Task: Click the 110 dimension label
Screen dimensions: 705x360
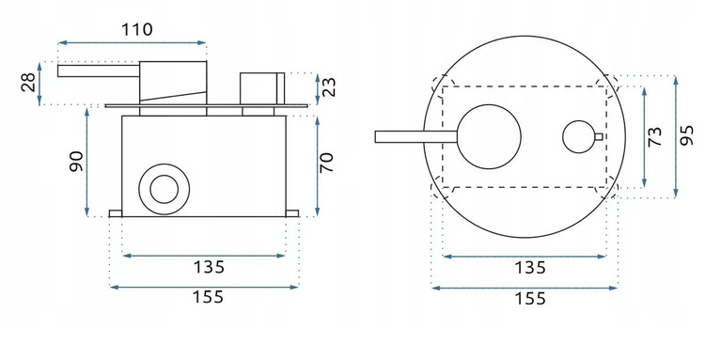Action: [x=137, y=30]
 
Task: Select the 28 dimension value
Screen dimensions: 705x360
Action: [x=28, y=83]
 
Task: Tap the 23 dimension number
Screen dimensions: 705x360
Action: [x=329, y=87]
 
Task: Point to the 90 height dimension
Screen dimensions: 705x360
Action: [x=76, y=162]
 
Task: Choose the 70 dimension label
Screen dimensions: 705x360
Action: [x=326, y=163]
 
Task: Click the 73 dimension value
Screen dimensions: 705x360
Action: [x=655, y=136]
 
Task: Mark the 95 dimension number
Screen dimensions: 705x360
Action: [x=686, y=135]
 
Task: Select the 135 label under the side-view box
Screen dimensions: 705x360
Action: [x=209, y=268]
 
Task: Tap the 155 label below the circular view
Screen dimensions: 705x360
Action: [x=529, y=298]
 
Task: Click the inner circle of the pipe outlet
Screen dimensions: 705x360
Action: [x=164, y=189]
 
